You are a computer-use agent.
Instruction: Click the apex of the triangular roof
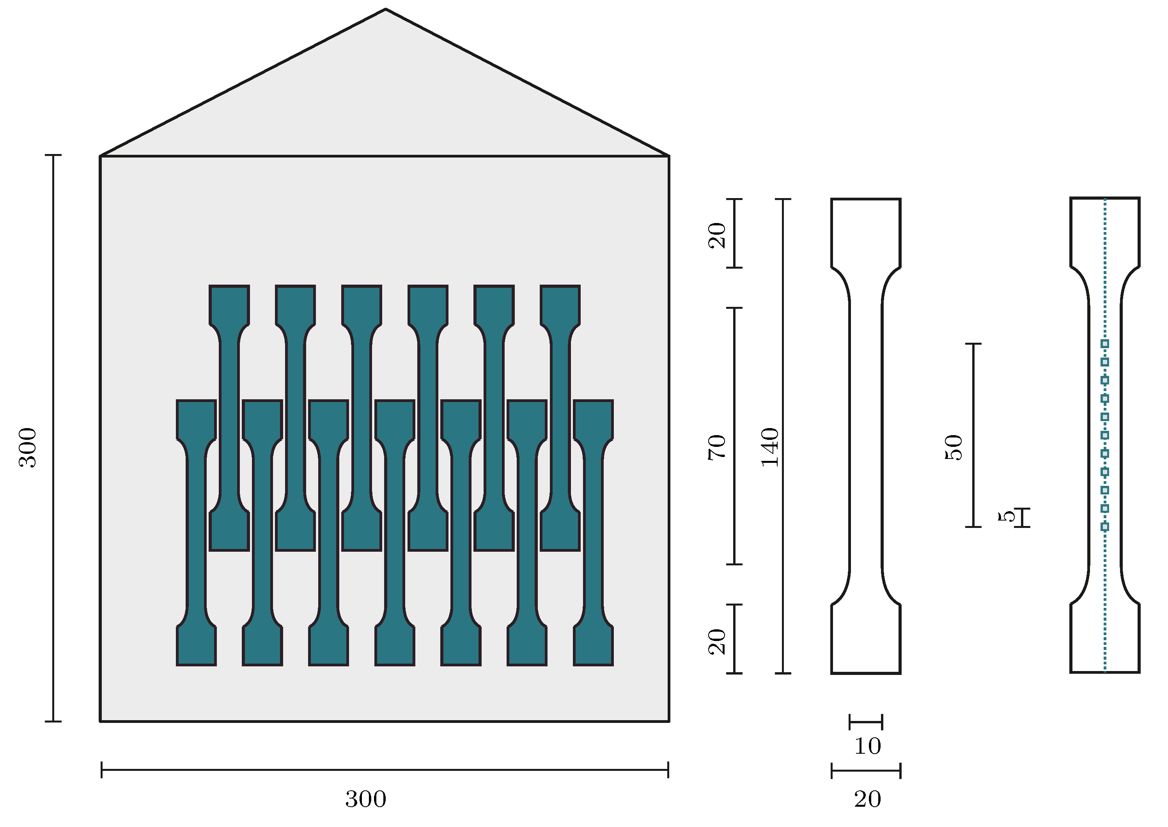(386, 10)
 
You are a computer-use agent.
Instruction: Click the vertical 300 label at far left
(28, 448)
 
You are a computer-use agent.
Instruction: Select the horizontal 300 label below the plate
(366, 799)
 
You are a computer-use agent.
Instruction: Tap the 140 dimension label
(770, 448)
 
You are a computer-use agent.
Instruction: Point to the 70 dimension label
(717, 448)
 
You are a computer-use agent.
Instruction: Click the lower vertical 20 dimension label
(717, 642)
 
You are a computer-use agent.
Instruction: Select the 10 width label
(867, 746)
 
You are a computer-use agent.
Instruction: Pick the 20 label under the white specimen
(867, 799)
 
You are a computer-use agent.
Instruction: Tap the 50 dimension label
(954, 448)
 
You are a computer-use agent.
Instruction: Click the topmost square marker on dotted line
(1105, 344)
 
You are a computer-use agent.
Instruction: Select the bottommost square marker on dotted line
(1105, 526)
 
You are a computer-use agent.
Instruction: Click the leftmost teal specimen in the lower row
(197, 532)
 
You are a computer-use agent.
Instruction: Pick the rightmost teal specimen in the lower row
(594, 532)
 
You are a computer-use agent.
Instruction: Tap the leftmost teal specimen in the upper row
(229, 418)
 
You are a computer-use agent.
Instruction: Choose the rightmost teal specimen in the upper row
(560, 418)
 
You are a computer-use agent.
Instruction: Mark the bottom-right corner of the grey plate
(668, 721)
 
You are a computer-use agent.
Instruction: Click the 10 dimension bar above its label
(866, 722)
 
